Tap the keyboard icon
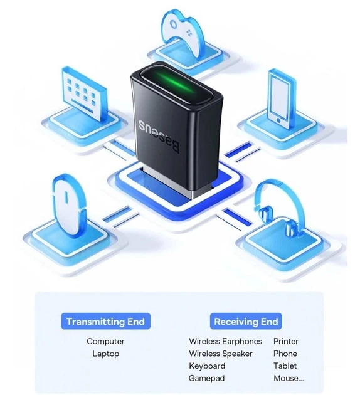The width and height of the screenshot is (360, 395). [83, 94]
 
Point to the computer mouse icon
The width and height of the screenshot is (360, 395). [68, 201]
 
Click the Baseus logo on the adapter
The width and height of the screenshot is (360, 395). [159, 137]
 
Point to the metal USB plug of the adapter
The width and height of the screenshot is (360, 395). [174, 183]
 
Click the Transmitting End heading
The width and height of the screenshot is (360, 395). [105, 322]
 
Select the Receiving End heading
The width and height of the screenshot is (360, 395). [246, 322]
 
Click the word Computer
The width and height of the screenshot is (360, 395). [105, 341]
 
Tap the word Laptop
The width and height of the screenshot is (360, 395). [105, 354]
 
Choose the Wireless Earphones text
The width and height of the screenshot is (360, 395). [225, 341]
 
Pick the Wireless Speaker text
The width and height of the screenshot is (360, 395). [220, 354]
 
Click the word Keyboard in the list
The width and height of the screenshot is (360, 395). [207, 366]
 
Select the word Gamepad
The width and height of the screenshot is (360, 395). [206, 378]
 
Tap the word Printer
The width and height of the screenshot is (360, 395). [286, 341]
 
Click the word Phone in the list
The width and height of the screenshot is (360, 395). [285, 354]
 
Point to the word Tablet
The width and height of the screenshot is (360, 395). [285, 366]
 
